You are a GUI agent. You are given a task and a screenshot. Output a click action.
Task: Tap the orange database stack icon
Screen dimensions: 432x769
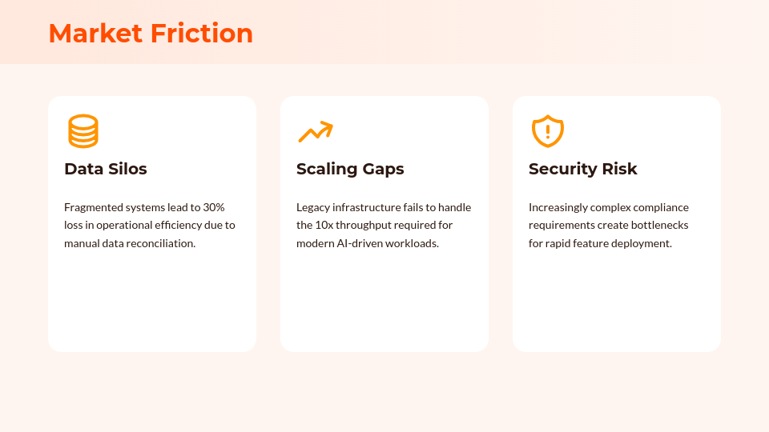83,131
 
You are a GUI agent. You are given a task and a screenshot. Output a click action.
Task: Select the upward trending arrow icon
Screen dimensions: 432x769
315,131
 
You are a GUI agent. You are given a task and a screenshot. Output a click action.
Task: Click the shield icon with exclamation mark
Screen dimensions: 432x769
548,131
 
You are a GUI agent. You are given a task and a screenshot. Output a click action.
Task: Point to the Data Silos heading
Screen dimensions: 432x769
106,169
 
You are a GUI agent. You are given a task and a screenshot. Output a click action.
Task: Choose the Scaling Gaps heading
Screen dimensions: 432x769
350,169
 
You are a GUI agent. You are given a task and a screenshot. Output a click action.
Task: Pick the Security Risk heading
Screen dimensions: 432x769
582,169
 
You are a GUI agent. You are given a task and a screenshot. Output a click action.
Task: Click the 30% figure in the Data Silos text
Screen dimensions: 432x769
214,207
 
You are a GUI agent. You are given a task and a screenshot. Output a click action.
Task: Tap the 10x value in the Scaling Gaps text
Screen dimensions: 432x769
325,226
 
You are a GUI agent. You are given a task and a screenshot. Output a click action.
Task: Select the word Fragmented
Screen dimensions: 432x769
94,207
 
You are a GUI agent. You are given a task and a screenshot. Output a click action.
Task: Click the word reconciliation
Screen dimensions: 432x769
159,243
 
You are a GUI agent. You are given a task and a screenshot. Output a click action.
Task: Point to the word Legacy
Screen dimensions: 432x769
313,207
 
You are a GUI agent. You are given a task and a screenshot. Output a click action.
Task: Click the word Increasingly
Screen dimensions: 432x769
558,207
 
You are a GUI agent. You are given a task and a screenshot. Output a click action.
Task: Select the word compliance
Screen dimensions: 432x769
661,207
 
